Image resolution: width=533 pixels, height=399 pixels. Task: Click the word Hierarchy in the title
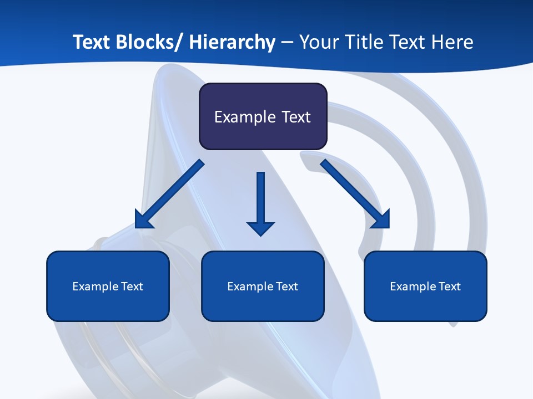pos(232,42)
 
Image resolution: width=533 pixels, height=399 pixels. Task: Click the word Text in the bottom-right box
pos(450,287)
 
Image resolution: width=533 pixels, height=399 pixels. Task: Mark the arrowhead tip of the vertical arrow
pos(260,235)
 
